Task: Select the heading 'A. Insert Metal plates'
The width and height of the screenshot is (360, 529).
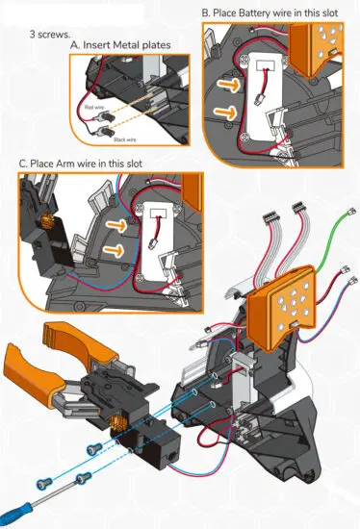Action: [119, 45]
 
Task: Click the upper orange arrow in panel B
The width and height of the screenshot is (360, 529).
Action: [224, 84]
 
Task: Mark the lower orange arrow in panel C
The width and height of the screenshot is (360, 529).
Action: [114, 253]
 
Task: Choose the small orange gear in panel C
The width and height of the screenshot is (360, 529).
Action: [44, 223]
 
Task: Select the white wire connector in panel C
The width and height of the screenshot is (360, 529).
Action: [155, 244]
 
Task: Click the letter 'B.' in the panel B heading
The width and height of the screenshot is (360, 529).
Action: [206, 13]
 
